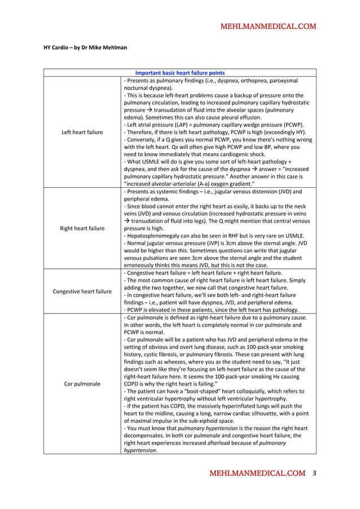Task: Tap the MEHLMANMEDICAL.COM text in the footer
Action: tap(257, 473)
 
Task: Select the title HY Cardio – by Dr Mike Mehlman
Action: tap(85, 47)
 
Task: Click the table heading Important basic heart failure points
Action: tap(180, 73)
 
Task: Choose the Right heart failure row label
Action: tap(82, 228)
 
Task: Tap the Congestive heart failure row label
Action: tap(82, 291)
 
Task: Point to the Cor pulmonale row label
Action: tap(82, 383)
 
